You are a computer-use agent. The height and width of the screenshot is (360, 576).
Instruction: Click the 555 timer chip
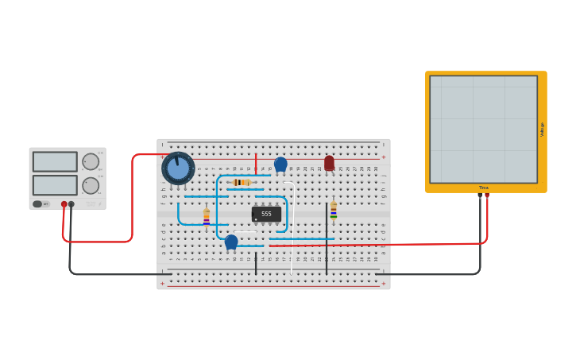[266, 214]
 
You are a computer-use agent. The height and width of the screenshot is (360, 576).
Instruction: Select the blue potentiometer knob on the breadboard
[178, 168]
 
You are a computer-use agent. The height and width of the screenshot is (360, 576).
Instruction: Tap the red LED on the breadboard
[329, 163]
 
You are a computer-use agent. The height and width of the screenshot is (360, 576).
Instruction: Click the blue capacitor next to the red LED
[280, 165]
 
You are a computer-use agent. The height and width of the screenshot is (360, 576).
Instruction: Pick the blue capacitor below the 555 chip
[231, 242]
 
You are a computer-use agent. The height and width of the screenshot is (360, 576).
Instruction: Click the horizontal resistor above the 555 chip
[242, 182]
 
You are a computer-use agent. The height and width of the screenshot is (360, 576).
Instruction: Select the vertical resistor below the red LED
[334, 209]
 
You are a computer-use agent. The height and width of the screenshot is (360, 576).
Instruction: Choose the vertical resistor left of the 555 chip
[207, 217]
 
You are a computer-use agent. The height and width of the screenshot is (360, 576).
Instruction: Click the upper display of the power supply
[55, 161]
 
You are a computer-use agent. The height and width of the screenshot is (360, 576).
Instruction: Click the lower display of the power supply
[55, 185]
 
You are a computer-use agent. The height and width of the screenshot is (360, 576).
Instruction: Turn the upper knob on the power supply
[91, 162]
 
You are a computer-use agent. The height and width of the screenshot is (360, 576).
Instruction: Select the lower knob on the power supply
[91, 186]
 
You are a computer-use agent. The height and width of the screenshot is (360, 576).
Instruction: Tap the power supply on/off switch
[38, 204]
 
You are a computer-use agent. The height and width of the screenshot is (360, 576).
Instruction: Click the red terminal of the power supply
[64, 204]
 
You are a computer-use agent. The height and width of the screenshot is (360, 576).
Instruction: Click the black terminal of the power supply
[72, 204]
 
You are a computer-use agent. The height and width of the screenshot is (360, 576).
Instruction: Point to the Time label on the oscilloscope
[483, 188]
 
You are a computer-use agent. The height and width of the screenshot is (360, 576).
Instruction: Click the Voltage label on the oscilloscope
[543, 129]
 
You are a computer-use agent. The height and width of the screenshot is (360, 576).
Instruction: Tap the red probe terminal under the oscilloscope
[487, 195]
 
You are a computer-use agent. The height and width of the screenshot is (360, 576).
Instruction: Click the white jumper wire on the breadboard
[292, 230]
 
